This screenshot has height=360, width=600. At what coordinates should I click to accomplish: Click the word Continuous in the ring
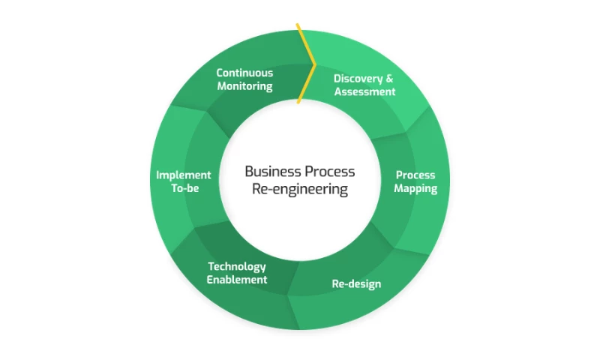pos(244,73)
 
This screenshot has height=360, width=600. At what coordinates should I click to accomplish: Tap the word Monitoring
pos(244,86)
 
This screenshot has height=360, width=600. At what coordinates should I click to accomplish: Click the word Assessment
pos(364,91)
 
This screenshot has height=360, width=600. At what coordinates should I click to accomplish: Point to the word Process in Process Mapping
pos(415,175)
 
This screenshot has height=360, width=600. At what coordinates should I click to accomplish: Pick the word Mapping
pos(415,188)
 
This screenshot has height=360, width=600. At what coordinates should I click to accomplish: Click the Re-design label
pos(356,284)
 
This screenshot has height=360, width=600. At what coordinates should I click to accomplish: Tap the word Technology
pos(237,266)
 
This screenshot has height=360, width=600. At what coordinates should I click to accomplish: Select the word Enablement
pos(237,280)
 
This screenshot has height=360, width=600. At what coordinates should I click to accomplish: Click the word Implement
pos(184,175)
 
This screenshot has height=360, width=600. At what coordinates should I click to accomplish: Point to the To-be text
pos(184,188)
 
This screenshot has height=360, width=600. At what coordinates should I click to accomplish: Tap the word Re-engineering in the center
pos(300,190)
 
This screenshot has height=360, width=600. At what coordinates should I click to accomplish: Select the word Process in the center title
pos(328,172)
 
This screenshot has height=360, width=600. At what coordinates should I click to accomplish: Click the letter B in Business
pos(249,172)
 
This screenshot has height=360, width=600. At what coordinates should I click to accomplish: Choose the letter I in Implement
pos(158,175)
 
